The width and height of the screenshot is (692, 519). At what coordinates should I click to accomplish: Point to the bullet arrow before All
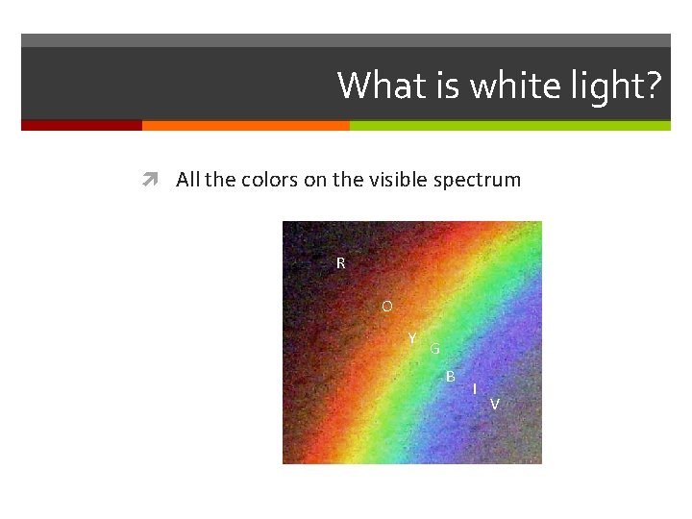149,180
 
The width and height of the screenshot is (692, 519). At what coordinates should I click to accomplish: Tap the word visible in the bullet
398,180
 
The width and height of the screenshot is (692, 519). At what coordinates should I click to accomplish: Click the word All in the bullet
188,180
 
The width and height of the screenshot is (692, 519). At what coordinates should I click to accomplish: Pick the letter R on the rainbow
340,262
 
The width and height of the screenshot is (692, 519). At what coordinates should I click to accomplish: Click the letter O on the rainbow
386,307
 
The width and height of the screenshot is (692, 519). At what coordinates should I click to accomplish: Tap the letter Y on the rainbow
412,338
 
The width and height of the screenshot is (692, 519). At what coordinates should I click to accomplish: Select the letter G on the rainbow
434,349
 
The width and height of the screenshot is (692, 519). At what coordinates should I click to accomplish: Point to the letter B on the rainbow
451,376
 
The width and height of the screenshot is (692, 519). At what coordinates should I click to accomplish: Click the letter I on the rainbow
475,388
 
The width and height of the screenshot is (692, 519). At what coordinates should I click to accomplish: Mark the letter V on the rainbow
494,404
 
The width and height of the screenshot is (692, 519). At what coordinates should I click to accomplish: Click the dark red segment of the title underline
82,125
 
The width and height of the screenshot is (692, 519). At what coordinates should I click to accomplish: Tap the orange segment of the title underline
245,125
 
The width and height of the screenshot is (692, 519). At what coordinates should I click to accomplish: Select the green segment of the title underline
509,125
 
